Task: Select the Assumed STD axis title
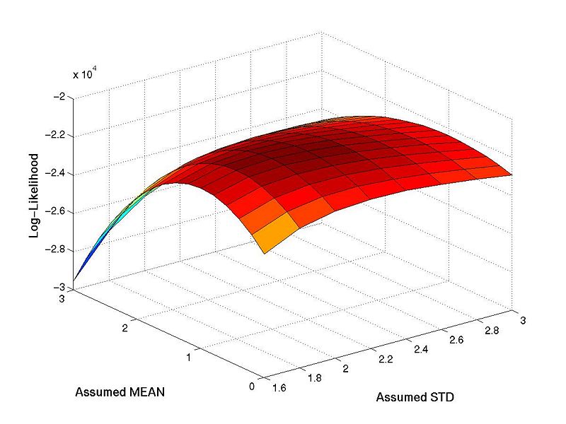[x=415, y=397]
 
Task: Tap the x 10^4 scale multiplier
[x=87, y=73]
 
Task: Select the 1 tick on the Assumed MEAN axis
[x=188, y=358]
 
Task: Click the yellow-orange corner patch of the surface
[x=272, y=234]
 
